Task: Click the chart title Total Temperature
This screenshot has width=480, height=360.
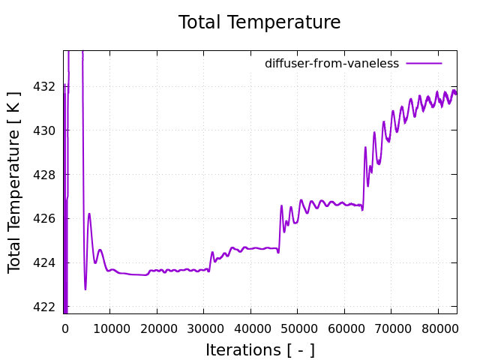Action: click(x=259, y=22)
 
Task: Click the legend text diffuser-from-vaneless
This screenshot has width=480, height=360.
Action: click(x=331, y=64)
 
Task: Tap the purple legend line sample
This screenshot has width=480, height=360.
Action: click(x=424, y=64)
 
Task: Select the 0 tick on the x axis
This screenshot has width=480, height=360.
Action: click(x=64, y=327)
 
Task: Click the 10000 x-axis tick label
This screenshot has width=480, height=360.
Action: click(x=109, y=327)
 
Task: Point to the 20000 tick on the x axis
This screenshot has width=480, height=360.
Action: click(x=157, y=327)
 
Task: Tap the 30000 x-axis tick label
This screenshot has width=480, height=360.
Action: click(x=204, y=327)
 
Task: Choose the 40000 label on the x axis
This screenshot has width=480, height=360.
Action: click(x=250, y=327)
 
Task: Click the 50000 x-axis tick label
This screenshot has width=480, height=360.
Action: click(x=298, y=327)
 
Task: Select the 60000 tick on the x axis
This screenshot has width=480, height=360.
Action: click(x=345, y=327)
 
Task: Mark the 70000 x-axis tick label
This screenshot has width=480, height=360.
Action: click(x=391, y=327)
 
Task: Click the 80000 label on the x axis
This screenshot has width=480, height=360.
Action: click(x=439, y=327)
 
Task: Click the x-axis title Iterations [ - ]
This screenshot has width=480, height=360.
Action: click(x=259, y=349)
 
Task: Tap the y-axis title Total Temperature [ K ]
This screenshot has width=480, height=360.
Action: click(x=15, y=181)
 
